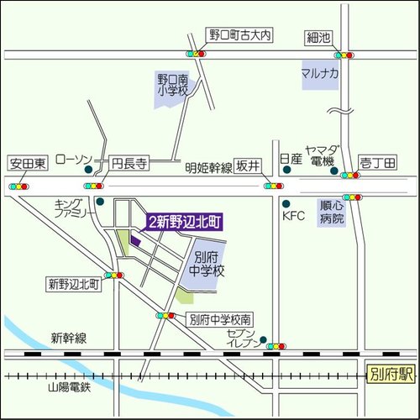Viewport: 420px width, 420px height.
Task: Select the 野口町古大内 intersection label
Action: [239, 36]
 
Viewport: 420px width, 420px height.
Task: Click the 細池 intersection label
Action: [319, 37]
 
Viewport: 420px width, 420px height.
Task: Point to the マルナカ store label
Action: [320, 74]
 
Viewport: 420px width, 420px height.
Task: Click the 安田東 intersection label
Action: [27, 164]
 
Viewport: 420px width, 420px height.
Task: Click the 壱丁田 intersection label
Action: [377, 164]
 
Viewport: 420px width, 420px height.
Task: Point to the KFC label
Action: [293, 216]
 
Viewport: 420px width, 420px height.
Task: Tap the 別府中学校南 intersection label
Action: [219, 319]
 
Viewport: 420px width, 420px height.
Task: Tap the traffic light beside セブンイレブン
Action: [276, 345]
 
